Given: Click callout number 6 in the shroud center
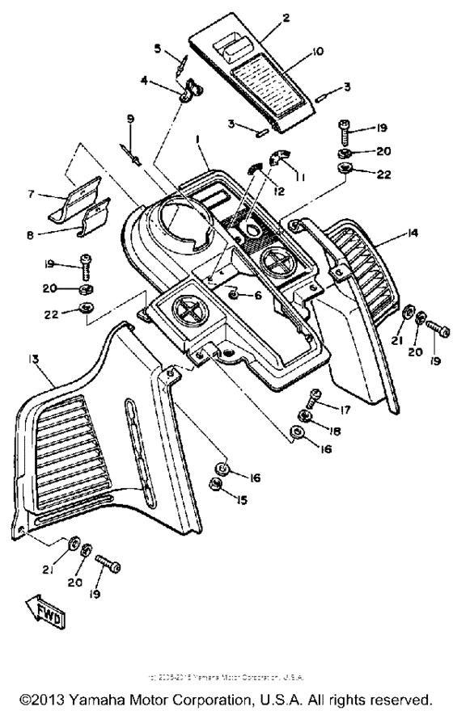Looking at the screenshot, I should (x=258, y=296).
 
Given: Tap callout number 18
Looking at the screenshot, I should (x=334, y=432).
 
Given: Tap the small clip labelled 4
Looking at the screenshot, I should (x=189, y=91).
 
